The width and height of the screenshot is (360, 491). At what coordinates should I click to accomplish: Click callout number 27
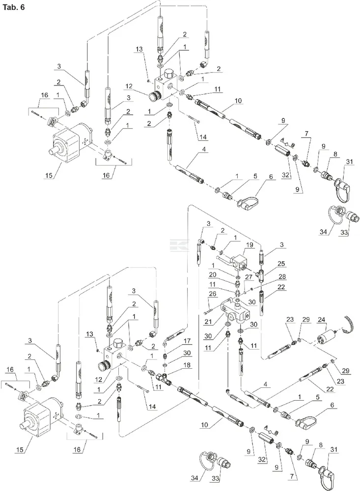click(249, 277)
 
